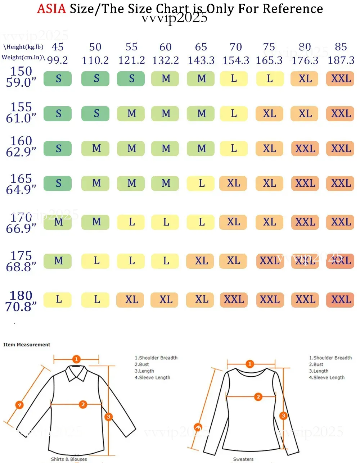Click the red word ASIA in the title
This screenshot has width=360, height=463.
[x=51, y=9]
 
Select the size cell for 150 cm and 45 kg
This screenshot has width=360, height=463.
[x=58, y=79]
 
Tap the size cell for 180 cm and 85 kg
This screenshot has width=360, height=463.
[x=340, y=300]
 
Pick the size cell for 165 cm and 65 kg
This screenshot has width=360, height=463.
[x=201, y=183]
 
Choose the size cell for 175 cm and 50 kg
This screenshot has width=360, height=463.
[x=95, y=261]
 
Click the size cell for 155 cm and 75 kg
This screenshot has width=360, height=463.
[x=269, y=114]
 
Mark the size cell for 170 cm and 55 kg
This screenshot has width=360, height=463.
[x=131, y=222]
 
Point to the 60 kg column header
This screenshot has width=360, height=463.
[x=165, y=47]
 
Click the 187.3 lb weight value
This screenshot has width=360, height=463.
[x=341, y=60]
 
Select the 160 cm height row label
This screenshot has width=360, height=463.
[x=21, y=141]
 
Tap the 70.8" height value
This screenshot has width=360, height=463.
[x=21, y=307]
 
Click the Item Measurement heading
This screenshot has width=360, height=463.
[x=27, y=345]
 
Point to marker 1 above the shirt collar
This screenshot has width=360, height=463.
[x=76, y=359]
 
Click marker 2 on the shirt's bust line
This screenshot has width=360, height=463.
[x=83, y=404]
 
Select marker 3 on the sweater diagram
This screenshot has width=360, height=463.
[x=283, y=416]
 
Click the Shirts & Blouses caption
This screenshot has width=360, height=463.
[x=69, y=459]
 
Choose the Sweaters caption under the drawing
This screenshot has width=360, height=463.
[x=243, y=459]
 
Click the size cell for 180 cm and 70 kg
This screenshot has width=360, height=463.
[x=234, y=300]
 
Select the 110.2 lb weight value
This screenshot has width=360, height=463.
[x=95, y=60]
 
